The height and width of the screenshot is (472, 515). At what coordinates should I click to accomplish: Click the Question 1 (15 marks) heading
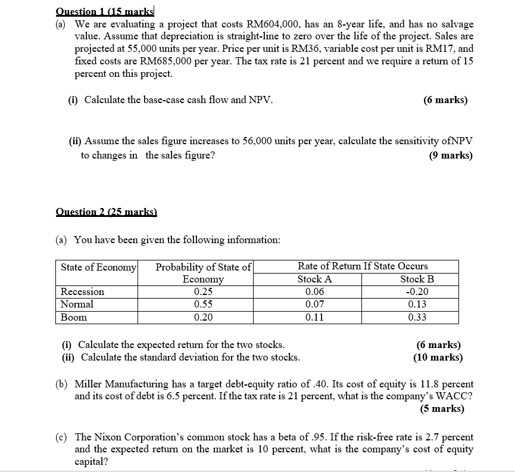(x=105, y=11)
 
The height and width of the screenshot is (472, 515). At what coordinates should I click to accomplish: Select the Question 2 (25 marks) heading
(x=105, y=212)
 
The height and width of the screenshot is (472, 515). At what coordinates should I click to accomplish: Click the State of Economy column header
(x=98, y=266)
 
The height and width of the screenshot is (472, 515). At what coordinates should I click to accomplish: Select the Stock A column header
(x=314, y=279)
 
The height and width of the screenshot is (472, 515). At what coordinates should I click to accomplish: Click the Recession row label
(x=82, y=292)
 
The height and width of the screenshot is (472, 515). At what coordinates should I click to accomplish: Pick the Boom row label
(x=74, y=317)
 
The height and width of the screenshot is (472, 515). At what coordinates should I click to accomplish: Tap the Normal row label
(x=77, y=305)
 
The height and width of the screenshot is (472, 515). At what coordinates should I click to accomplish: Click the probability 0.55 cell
(x=203, y=305)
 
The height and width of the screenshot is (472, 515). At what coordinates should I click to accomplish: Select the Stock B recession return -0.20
(x=416, y=292)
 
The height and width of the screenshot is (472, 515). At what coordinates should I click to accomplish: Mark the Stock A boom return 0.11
(x=314, y=317)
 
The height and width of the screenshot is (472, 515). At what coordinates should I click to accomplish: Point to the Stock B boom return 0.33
(x=417, y=317)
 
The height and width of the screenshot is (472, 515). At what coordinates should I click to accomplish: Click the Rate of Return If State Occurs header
(x=363, y=266)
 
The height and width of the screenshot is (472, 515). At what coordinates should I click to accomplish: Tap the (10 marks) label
(x=438, y=358)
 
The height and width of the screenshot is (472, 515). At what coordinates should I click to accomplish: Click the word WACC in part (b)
(x=456, y=397)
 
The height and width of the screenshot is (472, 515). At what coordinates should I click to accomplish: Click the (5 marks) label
(x=442, y=409)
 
